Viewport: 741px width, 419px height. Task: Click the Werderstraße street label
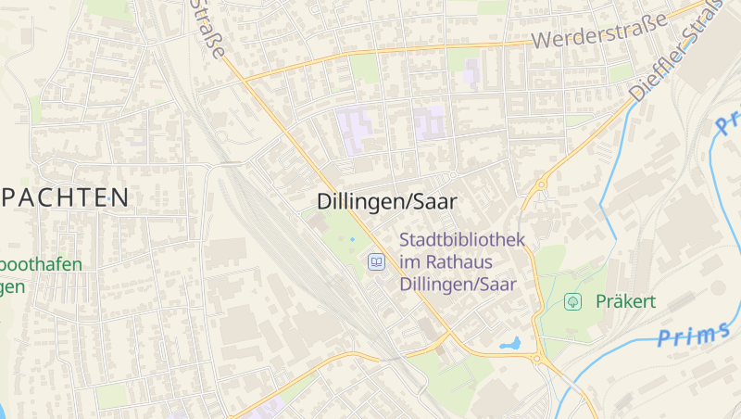point(600,33)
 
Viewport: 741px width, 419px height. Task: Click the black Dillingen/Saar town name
point(387,201)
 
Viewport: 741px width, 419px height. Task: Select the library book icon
point(376,262)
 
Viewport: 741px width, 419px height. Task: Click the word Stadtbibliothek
point(462,239)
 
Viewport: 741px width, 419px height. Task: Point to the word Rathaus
point(459,262)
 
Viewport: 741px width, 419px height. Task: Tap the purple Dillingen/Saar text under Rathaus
point(458,285)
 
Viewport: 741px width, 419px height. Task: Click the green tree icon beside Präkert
point(572,301)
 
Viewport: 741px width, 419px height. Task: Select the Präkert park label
point(625,301)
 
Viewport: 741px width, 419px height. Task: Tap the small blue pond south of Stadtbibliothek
point(511,344)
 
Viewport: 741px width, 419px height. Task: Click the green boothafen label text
point(41,264)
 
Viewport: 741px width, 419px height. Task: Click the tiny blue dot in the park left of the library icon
point(352,239)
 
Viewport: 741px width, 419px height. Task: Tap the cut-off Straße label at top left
point(206,26)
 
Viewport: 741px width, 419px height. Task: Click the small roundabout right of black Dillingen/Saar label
point(453,175)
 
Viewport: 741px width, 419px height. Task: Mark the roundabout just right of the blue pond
point(537,359)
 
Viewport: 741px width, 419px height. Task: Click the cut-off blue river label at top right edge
point(728,121)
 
